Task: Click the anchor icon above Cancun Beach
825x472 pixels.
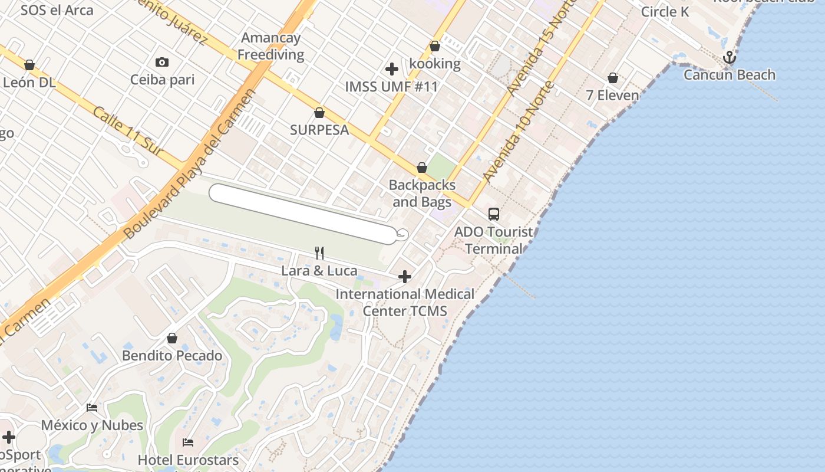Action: (730, 57)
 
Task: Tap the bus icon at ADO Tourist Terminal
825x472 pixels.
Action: (494, 214)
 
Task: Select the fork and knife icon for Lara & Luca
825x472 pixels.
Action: (319, 253)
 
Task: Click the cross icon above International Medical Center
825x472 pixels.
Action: (405, 276)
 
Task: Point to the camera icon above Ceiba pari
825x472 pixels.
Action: (162, 62)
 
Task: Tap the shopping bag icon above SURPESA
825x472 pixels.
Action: (319, 112)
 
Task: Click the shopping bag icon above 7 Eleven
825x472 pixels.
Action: (613, 78)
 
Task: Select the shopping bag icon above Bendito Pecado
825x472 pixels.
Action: (172, 338)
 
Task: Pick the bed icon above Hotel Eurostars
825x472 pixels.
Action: (188, 442)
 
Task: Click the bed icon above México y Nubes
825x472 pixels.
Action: (92, 407)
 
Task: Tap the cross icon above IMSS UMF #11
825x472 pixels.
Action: (392, 69)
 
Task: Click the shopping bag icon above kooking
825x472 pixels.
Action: (435, 46)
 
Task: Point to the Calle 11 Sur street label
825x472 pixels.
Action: (127, 132)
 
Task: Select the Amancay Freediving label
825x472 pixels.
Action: (271, 46)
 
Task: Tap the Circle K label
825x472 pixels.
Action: (665, 12)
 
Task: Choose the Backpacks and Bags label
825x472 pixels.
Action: (422, 194)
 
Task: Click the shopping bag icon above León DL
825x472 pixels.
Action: (29, 65)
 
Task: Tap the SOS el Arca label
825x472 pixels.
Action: (57, 10)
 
